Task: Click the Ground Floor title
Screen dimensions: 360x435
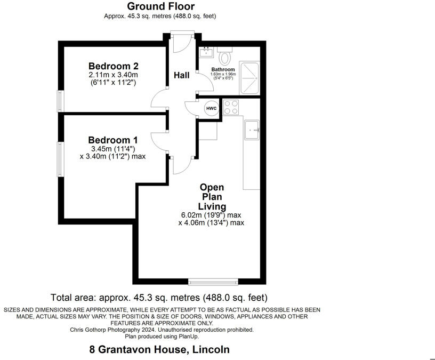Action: coord(160,6)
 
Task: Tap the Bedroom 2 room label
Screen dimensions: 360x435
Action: coord(114,66)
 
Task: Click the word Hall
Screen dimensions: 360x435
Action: coord(182,75)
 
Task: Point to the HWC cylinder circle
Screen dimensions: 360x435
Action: coord(212,108)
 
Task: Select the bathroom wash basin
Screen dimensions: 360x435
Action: coord(206,53)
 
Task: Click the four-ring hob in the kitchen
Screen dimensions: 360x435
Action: coord(230,108)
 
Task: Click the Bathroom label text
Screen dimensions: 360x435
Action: coord(223,70)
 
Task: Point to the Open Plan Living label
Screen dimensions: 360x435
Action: coord(212,197)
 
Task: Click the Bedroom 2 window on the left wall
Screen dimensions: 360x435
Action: coord(61,101)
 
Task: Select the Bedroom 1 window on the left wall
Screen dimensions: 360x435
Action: coord(61,159)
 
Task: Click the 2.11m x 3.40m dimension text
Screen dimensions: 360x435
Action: coord(113,75)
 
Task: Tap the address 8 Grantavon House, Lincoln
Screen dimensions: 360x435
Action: coord(159,350)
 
